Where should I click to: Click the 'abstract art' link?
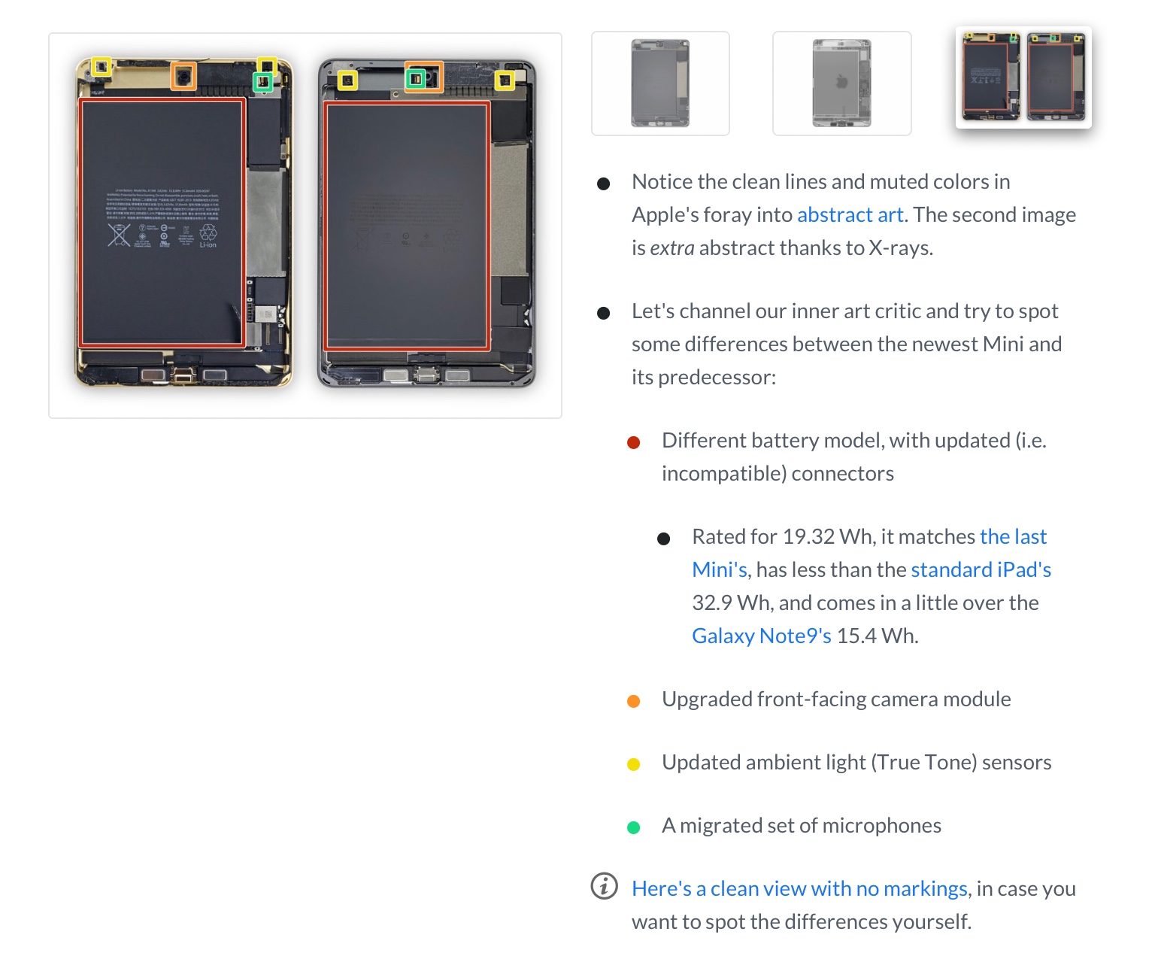(850, 215)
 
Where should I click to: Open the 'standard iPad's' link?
(981, 570)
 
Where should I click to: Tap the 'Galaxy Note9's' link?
(761, 636)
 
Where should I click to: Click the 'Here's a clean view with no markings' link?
(799, 889)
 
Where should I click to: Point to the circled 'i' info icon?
(605, 886)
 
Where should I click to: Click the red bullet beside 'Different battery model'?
(634, 443)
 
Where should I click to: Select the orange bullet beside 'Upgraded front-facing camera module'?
(634, 702)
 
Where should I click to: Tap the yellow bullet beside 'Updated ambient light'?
(634, 765)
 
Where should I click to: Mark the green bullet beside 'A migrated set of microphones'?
(634, 828)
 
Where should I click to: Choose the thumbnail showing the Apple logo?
(841, 83)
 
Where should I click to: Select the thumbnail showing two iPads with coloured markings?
(1023, 77)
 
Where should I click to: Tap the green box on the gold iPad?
(262, 81)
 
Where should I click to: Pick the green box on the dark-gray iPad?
(416, 78)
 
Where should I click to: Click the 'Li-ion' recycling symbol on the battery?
(208, 235)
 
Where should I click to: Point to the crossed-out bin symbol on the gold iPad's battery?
(119, 235)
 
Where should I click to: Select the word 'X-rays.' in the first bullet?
(901, 248)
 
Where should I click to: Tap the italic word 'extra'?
(672, 248)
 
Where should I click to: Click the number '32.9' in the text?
(711, 603)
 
